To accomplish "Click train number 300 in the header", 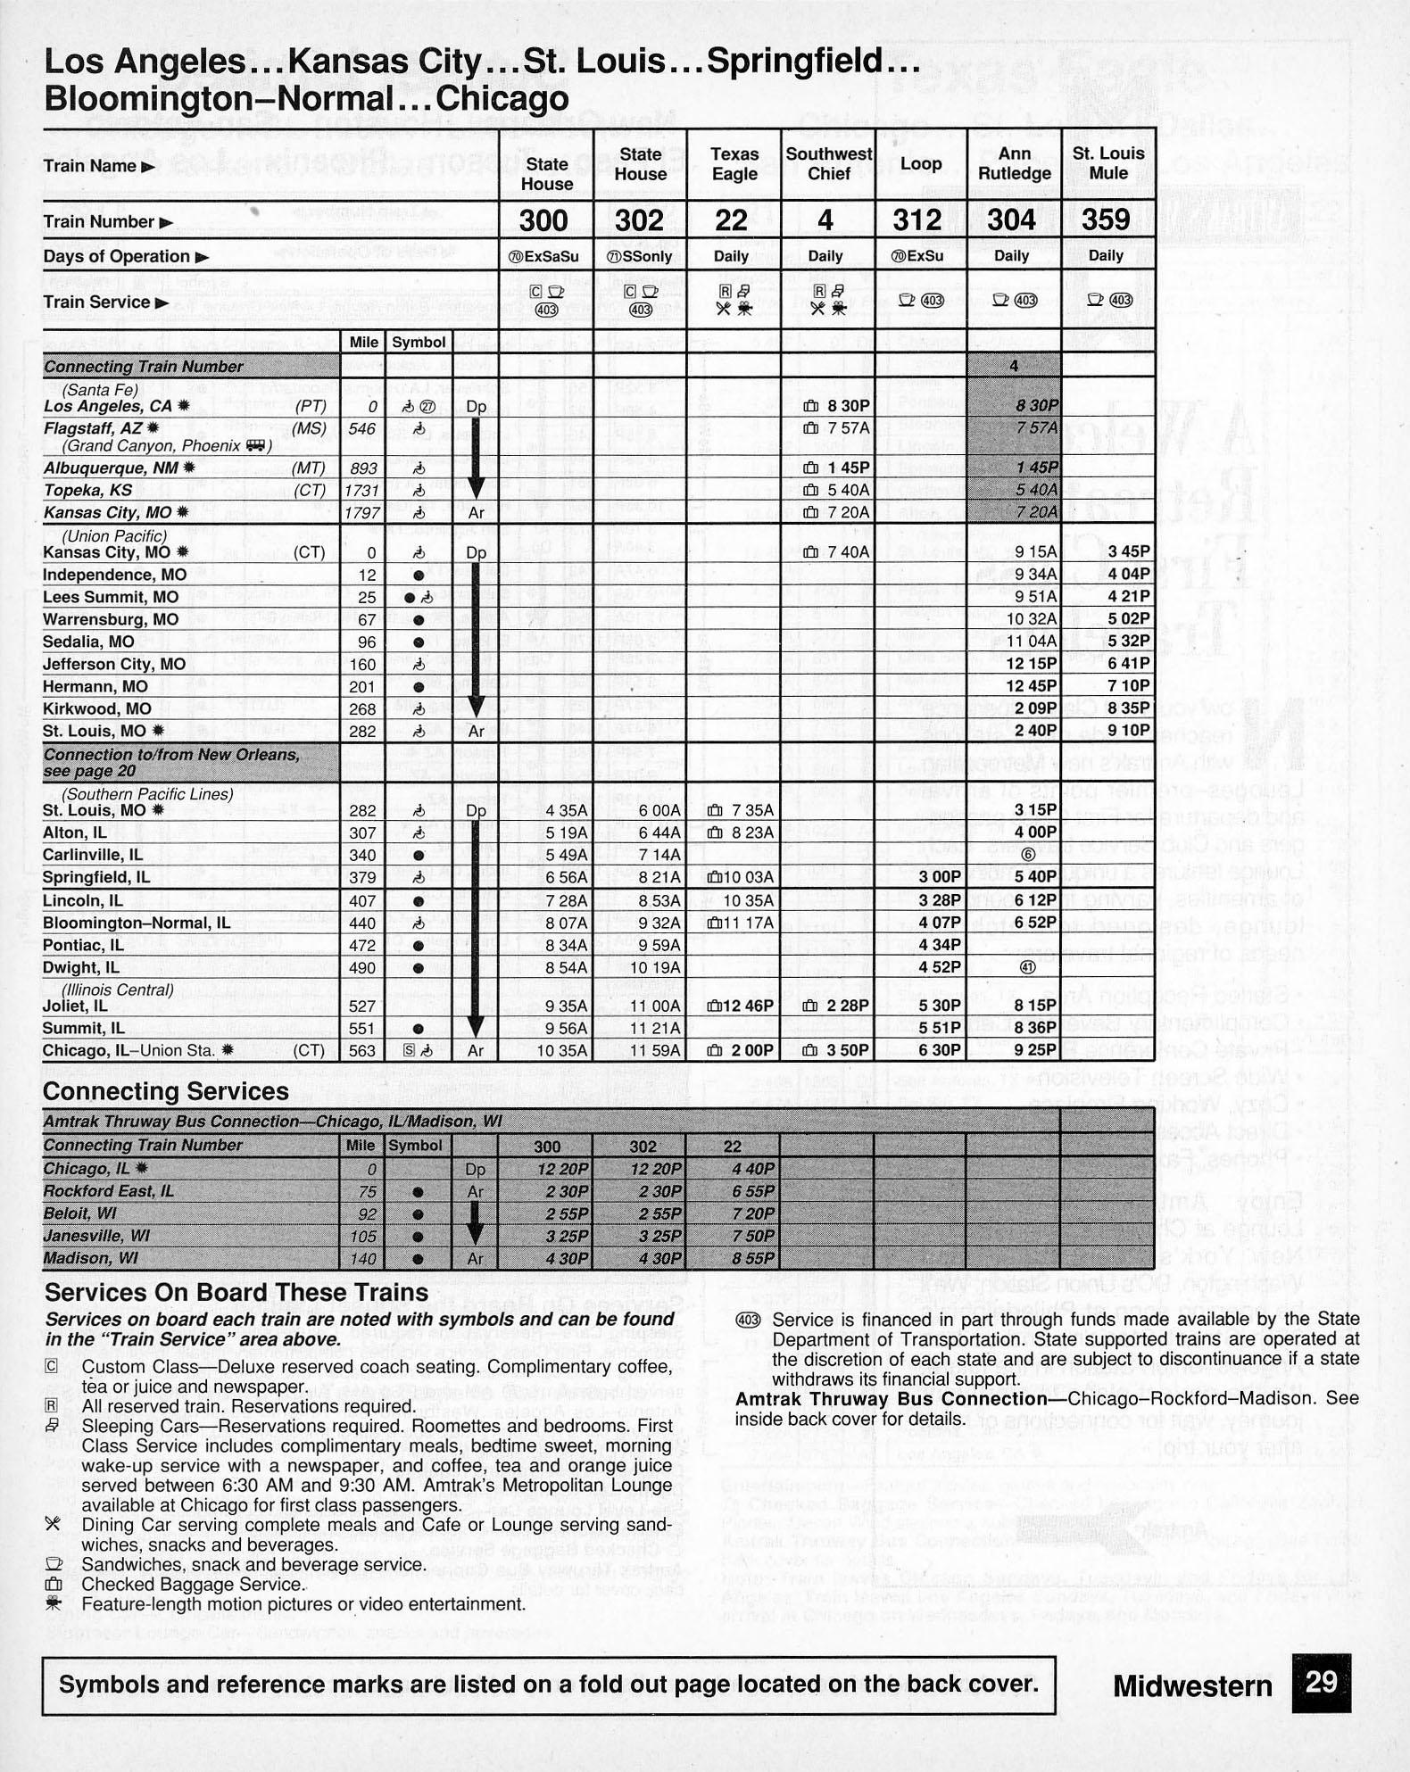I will click(543, 220).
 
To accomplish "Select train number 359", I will click(1106, 220).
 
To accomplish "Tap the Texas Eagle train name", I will click(734, 164).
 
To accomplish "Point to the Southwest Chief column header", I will click(828, 164).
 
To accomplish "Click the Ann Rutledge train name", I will click(1014, 164).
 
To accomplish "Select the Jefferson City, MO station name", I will click(114, 664).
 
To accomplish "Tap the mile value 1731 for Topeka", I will click(362, 490).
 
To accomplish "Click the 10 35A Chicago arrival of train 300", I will click(561, 1051).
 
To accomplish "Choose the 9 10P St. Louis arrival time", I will click(1128, 731).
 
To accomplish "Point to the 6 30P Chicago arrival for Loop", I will click(939, 1051).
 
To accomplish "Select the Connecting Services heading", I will click(165, 1091).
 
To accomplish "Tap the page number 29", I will click(1321, 1683).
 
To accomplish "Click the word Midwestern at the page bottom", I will click(1192, 1685).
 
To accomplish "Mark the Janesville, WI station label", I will click(96, 1236).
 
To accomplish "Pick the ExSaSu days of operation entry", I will click(543, 257).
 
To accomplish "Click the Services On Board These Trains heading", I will click(236, 1292).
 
